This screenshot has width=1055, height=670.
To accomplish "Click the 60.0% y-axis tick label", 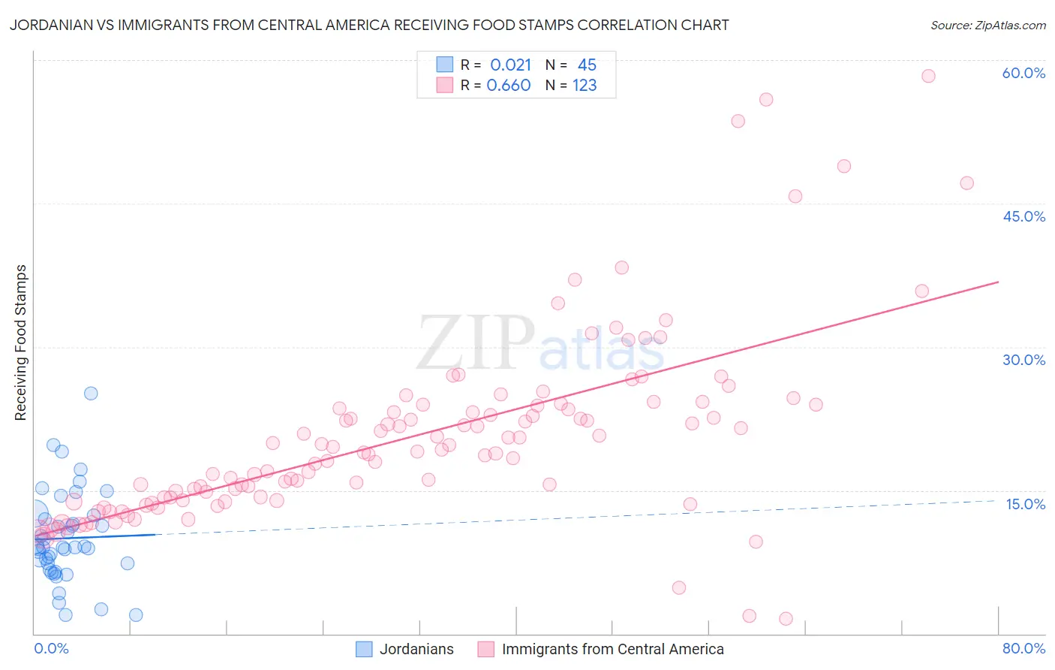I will pos(1023,73).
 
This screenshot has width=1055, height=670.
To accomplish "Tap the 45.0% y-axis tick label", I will pos(1023,216).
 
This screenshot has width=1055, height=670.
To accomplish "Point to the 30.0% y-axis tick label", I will pos(1023,360).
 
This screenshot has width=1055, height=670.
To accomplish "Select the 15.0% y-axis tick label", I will pos(1025,504).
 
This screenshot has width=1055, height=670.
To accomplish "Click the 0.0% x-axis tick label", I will pos(51,648).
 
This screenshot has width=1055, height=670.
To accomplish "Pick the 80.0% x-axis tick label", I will pos(1023,648).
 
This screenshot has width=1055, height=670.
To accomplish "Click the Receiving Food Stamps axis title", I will pos(20,343).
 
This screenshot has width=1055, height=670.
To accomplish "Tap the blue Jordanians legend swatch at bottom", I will pos(364,649).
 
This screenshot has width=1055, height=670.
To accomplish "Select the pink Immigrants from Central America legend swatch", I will pos(486,649).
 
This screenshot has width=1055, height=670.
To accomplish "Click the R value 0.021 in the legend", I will pos(510,65).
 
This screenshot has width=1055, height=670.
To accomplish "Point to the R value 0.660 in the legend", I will pos(508,86).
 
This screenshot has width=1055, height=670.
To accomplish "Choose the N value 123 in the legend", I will pos(585,86).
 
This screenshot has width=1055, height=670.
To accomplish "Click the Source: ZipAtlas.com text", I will pos(987,26).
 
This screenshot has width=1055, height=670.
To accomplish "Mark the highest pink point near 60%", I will pos(928,76).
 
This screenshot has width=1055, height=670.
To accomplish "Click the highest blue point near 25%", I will pos(91,394).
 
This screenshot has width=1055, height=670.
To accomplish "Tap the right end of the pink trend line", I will pos(998,282).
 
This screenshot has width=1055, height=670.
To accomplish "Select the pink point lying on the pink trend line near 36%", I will pos(921,291).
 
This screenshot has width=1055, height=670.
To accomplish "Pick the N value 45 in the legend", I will pos(587,65).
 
